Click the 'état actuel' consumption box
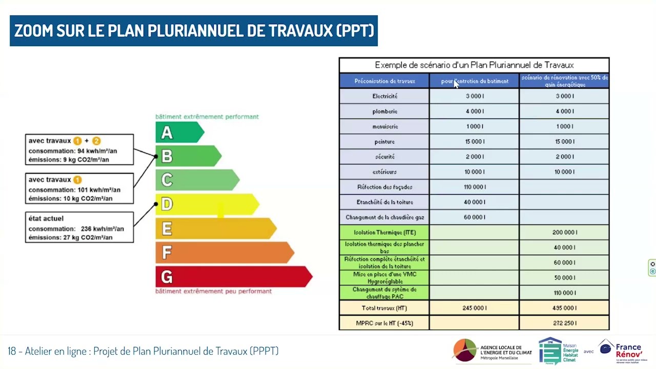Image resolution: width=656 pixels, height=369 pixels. (x=79, y=228)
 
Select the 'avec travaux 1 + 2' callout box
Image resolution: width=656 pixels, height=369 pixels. (x=79, y=150)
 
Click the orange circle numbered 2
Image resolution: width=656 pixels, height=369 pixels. (x=96, y=141)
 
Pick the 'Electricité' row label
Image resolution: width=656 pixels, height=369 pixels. (x=384, y=96)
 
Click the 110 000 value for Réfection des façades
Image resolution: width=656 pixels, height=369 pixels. (x=475, y=187)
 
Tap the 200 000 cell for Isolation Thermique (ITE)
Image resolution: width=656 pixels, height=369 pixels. (x=564, y=233)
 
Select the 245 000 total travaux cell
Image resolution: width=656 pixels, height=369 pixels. (x=475, y=308)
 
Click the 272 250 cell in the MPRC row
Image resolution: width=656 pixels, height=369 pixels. (x=564, y=323)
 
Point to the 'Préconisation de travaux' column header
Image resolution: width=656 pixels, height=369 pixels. (x=384, y=81)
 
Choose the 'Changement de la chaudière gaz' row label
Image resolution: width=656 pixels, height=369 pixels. (x=384, y=217)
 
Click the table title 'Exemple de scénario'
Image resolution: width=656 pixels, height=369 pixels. (x=474, y=65)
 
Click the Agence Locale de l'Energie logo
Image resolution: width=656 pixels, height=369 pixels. (x=492, y=351)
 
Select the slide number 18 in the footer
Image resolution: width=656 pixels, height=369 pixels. (x=12, y=351)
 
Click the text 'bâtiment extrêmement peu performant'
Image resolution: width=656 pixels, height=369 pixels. (x=213, y=291)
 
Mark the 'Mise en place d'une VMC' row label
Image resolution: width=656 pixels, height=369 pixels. (x=384, y=278)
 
